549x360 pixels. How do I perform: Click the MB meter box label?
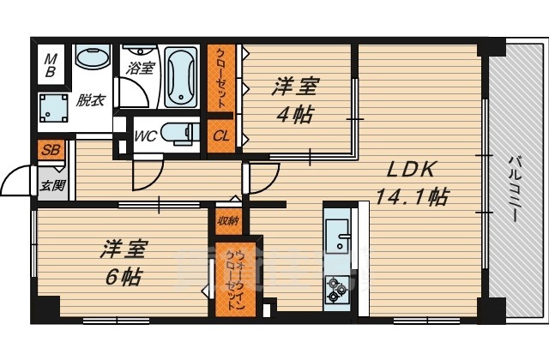[x=51, y=65]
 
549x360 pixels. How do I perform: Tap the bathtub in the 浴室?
[x=181, y=77]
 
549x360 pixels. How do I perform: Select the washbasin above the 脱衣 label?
[x=93, y=57]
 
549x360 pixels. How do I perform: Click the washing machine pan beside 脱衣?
[x=53, y=108]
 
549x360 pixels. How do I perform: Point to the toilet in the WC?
[x=180, y=134]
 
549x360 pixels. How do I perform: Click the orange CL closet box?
[x=221, y=136]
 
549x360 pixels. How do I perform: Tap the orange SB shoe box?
[x=51, y=150]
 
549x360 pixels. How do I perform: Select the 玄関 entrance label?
[x=52, y=185]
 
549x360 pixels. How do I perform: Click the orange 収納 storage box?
[x=229, y=221]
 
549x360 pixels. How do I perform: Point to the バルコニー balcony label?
[x=514, y=189]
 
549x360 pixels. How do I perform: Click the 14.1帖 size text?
[x=412, y=196]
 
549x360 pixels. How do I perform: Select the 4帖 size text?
[x=295, y=114]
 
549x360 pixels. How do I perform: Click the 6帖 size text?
[x=124, y=278]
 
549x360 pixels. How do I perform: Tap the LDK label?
[x=412, y=170]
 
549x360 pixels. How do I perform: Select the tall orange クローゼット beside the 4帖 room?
[x=221, y=78]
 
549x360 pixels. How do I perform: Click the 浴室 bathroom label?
[x=140, y=68]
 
